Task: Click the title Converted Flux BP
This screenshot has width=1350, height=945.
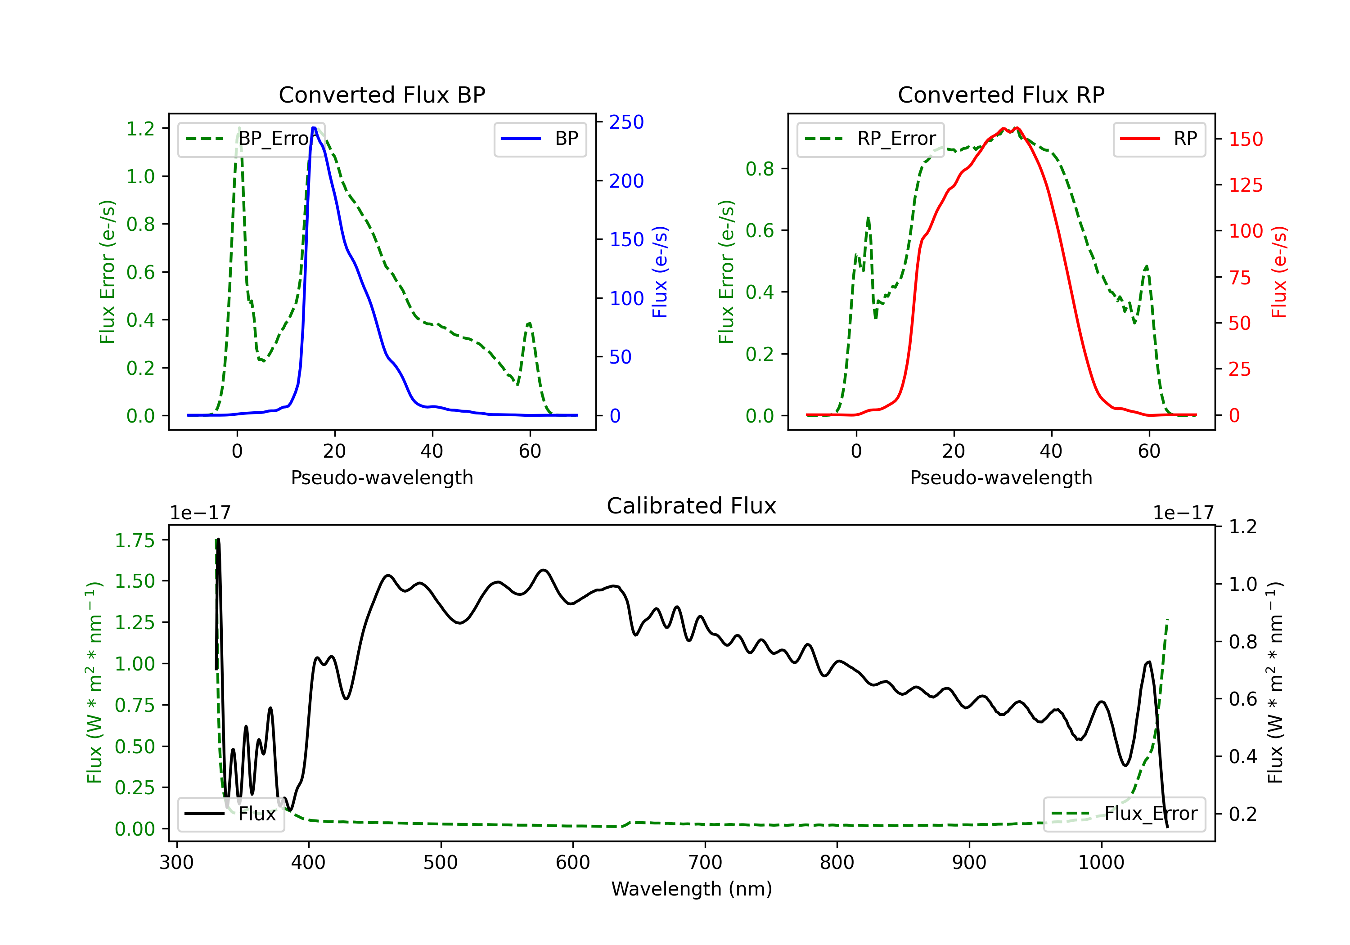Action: [x=382, y=94]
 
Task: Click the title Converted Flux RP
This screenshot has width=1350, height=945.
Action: [x=1001, y=94]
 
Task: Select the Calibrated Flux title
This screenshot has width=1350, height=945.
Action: [x=692, y=506]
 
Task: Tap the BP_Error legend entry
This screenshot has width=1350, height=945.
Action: [x=251, y=139]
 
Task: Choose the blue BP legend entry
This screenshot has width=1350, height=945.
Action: [x=540, y=139]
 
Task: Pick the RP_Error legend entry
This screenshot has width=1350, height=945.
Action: [x=870, y=139]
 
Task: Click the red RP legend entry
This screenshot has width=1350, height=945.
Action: [x=1159, y=139]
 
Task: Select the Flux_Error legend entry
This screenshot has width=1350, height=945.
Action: [x=1124, y=814]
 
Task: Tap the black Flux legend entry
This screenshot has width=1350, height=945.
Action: [x=230, y=814]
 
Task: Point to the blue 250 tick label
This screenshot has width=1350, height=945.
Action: [x=626, y=122]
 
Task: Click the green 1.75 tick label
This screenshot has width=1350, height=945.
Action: [x=135, y=540]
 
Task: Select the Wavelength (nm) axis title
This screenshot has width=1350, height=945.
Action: [x=692, y=889]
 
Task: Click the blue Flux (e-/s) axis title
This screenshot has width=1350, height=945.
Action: [x=660, y=272]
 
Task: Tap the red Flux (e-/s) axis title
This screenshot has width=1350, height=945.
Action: [x=1279, y=272]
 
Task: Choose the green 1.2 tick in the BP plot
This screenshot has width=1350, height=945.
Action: [x=140, y=129]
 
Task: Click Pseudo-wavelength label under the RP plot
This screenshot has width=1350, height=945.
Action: [x=1001, y=477]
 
